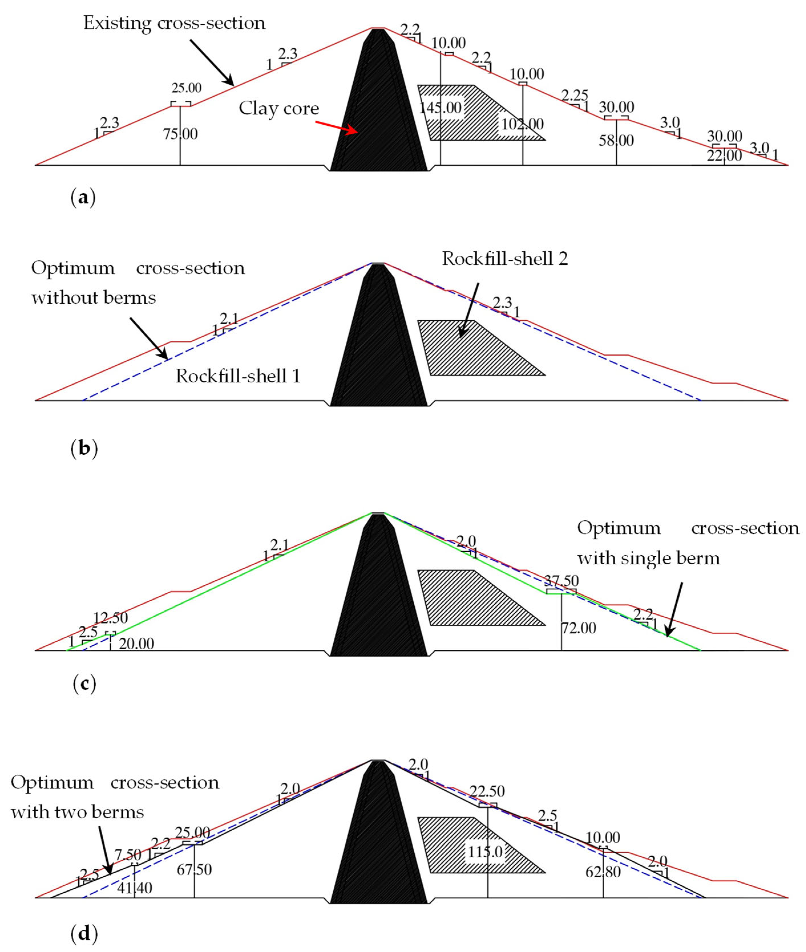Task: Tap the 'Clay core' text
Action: [x=279, y=109]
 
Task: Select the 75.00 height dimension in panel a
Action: [x=181, y=134]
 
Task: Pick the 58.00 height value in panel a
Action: [x=616, y=140]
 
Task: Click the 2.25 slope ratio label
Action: [x=574, y=96]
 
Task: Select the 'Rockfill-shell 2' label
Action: [x=505, y=259]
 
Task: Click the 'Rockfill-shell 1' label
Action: [x=238, y=376]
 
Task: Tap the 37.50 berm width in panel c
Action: [x=561, y=581]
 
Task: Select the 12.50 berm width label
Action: [x=111, y=618]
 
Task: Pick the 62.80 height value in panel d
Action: [x=603, y=872]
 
